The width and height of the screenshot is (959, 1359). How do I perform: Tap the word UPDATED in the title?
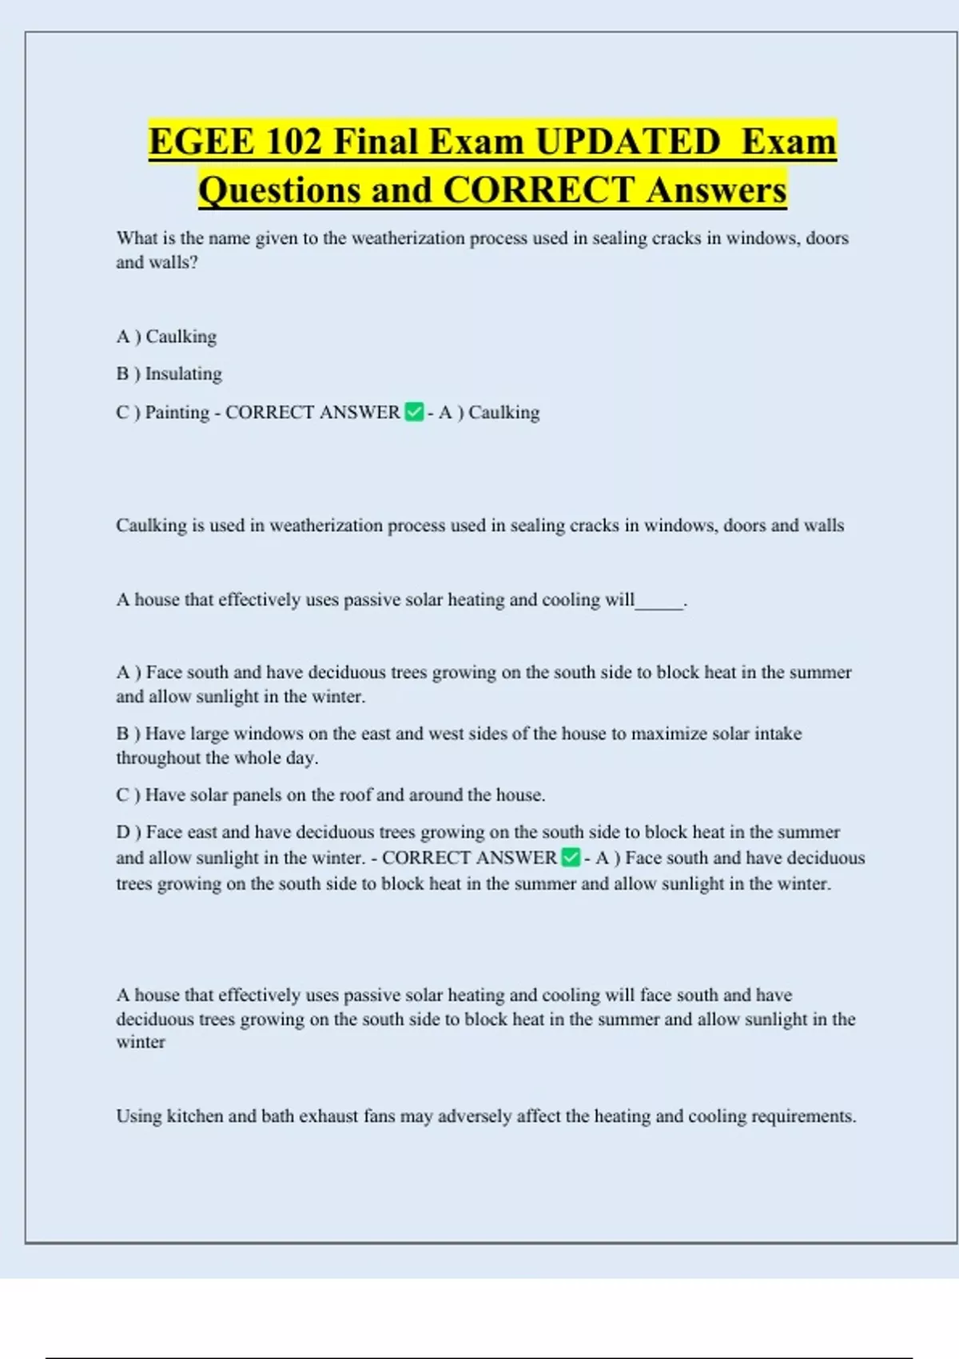point(627,142)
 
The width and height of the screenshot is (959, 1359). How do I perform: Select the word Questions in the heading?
point(279,190)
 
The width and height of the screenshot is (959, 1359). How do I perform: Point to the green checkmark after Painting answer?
point(414,412)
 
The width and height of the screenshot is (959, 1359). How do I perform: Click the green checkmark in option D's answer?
point(571,858)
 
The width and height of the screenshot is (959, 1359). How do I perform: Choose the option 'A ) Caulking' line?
point(166,337)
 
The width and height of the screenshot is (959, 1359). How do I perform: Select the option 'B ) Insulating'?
point(169,374)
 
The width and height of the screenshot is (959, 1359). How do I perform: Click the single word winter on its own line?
point(141,1042)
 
